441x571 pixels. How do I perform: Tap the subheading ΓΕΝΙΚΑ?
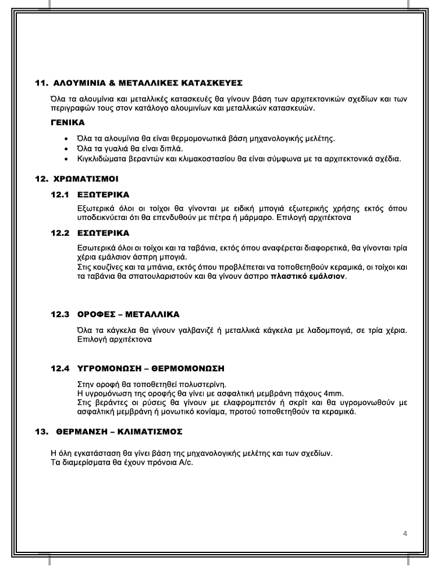tap(67, 123)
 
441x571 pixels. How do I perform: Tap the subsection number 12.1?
tap(61, 194)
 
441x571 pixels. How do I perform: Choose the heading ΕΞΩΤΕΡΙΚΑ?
tap(103, 194)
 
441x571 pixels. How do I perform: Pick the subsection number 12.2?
tap(61, 233)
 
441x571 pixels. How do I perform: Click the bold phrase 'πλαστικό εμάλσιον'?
tap(308, 276)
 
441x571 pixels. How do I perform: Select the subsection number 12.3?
tap(61, 314)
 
